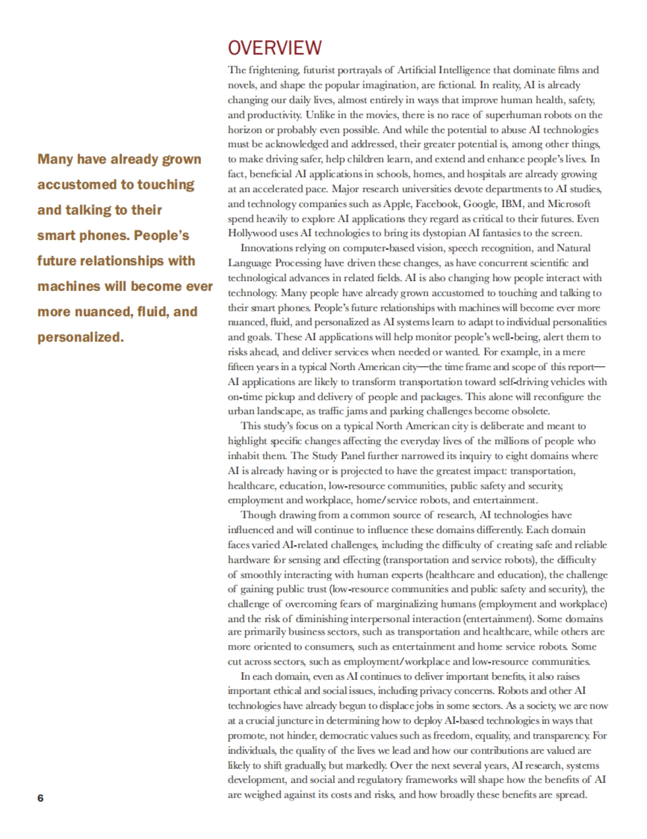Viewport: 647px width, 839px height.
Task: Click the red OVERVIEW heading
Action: [x=274, y=49]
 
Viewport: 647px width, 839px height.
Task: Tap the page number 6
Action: [x=40, y=798]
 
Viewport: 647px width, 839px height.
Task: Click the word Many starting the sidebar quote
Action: [x=55, y=160]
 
